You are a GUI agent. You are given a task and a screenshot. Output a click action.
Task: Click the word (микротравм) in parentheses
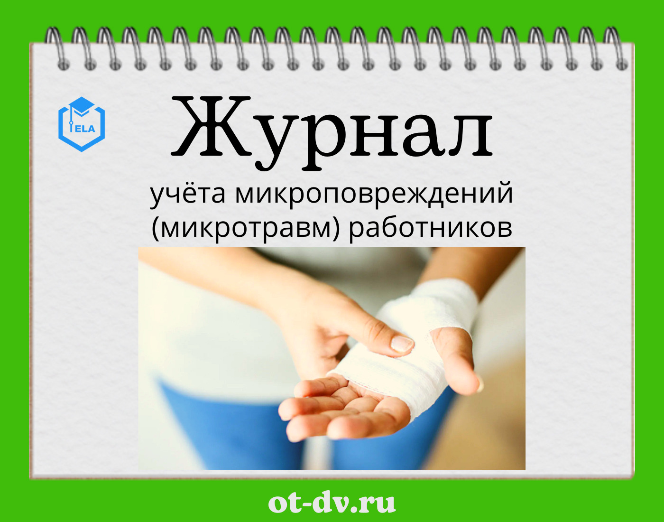point(245,229)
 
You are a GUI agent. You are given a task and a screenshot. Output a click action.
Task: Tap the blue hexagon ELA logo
point(82,124)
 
